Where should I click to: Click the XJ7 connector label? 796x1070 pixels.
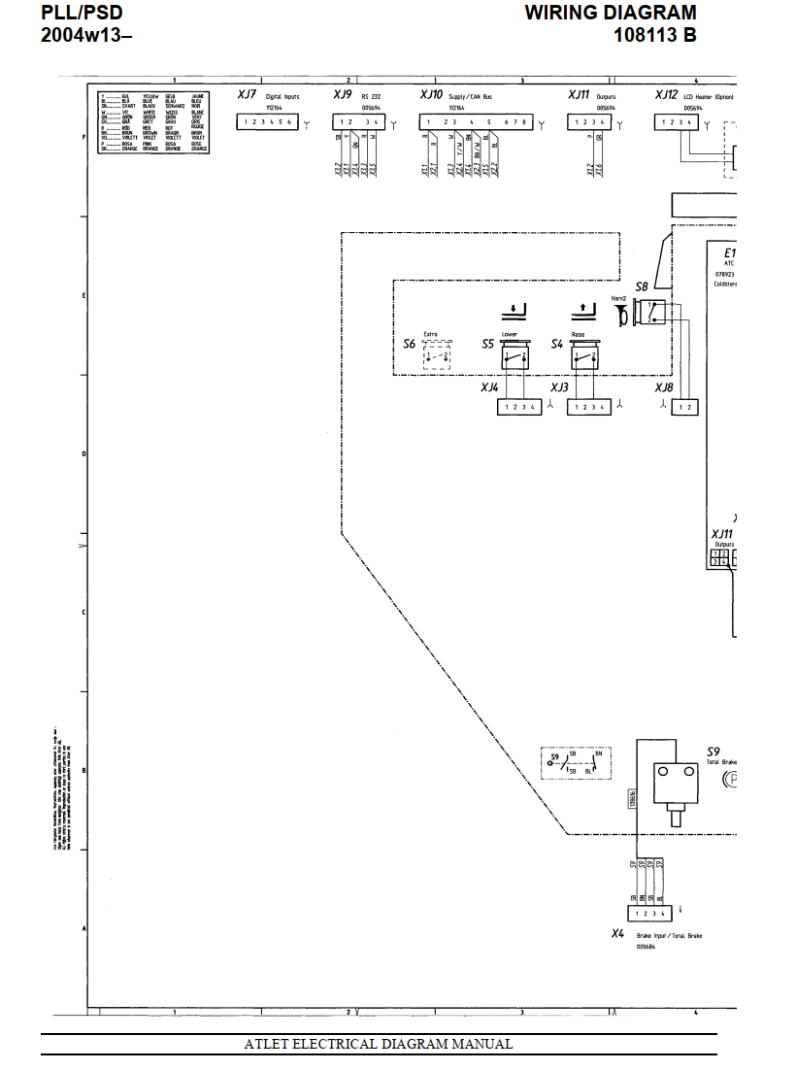pos(247,95)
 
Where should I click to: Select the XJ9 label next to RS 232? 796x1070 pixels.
pos(342,95)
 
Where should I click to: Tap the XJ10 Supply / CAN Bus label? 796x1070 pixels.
pos(431,95)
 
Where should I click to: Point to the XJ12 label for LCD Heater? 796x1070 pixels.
pos(666,95)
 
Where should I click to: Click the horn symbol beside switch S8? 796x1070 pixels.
pos(618,312)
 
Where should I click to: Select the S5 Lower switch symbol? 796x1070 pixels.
pos(514,357)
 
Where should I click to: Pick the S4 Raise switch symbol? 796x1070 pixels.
pos(583,357)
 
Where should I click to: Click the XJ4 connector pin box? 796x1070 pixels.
pos(519,407)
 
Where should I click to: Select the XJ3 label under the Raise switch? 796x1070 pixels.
pos(559,387)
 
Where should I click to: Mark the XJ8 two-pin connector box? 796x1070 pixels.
pos(687,407)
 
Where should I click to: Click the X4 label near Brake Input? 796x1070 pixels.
pos(617,933)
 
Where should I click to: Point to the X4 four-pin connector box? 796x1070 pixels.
pos(649,914)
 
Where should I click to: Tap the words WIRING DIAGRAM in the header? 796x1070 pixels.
pos(611,13)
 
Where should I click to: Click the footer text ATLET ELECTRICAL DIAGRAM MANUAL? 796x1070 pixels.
pos(379,1045)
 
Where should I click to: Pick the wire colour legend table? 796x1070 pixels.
pos(153,122)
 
